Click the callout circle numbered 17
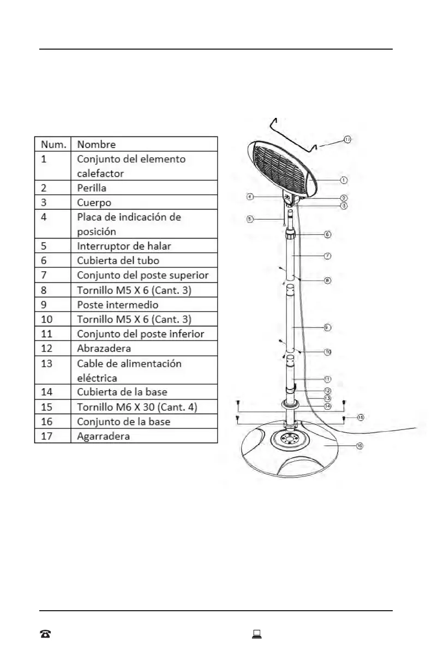coord(347,140)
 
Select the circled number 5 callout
coord(249,219)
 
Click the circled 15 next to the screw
coord(361,417)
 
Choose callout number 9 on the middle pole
coord(327,327)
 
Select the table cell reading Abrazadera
coord(104,348)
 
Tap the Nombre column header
coord(96,144)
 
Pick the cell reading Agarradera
coord(103,437)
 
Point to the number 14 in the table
coord(46,392)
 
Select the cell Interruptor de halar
coord(124,246)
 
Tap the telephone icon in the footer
coord(45,634)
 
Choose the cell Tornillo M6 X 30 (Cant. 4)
coord(137,407)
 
